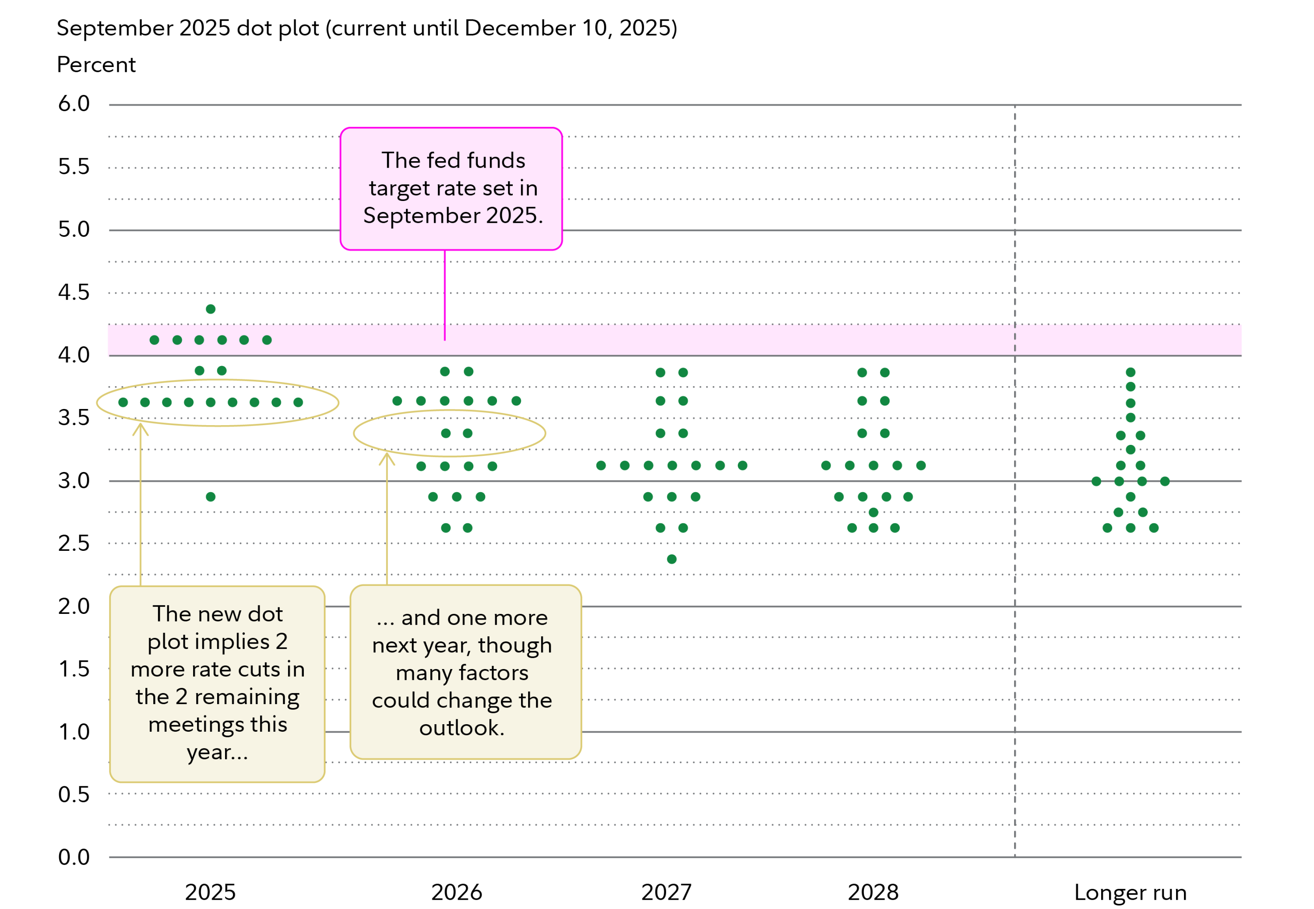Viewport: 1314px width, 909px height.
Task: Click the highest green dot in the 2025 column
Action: coord(211,309)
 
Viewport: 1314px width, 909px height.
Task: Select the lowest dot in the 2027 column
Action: coord(672,559)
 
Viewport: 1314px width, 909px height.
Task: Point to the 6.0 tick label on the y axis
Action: coord(74,104)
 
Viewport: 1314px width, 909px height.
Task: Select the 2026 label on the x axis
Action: coord(457,892)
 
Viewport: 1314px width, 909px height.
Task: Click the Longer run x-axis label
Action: coord(1131,892)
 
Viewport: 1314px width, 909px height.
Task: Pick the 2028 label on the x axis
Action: coord(873,892)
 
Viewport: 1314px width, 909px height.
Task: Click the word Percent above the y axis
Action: coord(96,65)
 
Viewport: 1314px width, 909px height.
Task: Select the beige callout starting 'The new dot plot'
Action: coord(218,684)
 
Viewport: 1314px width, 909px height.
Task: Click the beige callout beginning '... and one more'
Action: coord(465,672)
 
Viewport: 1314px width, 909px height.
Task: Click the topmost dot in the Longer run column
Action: coord(1131,373)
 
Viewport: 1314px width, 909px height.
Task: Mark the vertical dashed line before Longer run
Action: coord(1015,627)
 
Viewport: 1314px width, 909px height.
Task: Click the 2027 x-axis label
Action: coord(666,892)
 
